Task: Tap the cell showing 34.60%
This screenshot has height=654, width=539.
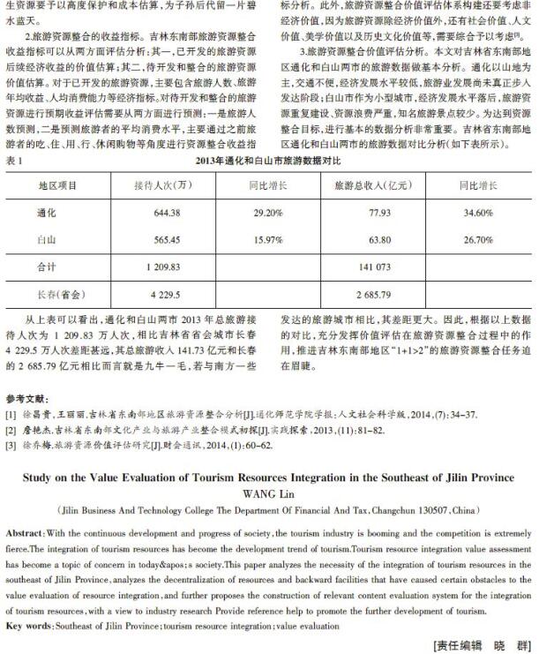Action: pos(478,213)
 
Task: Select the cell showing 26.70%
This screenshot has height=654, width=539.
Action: pos(478,239)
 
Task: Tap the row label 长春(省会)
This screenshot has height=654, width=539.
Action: pos(59,291)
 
